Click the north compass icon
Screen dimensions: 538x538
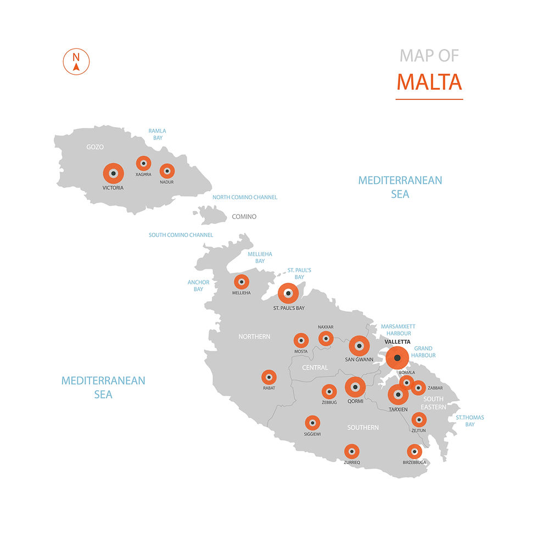pyautogui.click(x=76, y=61)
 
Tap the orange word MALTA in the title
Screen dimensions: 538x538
pyautogui.click(x=429, y=82)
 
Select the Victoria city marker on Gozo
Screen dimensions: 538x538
pyautogui.click(x=114, y=173)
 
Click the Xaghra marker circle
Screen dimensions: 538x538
pyautogui.click(x=143, y=163)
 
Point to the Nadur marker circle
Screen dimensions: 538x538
pyautogui.click(x=167, y=171)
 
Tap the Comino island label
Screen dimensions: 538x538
pyautogui.click(x=244, y=216)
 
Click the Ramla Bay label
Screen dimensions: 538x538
pyautogui.click(x=158, y=134)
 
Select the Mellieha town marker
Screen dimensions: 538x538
pyautogui.click(x=242, y=282)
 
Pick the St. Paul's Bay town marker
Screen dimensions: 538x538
pyautogui.click(x=288, y=293)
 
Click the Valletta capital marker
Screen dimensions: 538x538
pyautogui.click(x=397, y=358)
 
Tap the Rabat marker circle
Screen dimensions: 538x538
pyautogui.click(x=268, y=377)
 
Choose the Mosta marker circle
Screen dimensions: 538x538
pyautogui.click(x=301, y=340)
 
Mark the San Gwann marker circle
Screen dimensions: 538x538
pyautogui.click(x=360, y=346)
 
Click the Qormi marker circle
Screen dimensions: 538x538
pyautogui.click(x=355, y=387)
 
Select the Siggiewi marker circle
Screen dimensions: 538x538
pyautogui.click(x=312, y=423)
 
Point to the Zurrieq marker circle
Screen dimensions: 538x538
pyautogui.click(x=352, y=451)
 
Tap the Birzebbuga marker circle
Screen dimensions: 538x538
pyautogui.click(x=414, y=452)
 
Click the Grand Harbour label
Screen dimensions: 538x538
pyautogui.click(x=423, y=352)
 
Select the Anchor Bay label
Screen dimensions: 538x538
pyautogui.click(x=198, y=285)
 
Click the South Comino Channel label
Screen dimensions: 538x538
pyautogui.click(x=181, y=235)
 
